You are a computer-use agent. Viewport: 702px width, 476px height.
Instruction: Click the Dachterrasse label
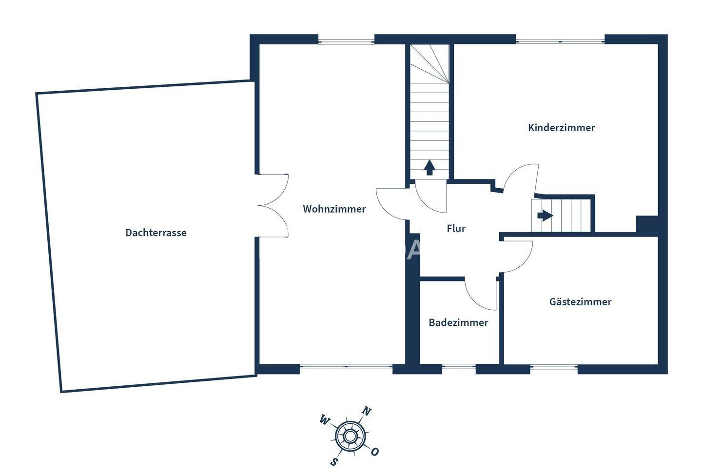click(156, 233)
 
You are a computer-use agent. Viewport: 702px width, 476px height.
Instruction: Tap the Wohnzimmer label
click(334, 209)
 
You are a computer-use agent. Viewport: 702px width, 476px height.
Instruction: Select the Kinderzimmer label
click(561, 128)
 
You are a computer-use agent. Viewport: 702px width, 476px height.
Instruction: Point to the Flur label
click(456, 228)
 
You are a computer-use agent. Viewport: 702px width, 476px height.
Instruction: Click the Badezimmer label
click(458, 322)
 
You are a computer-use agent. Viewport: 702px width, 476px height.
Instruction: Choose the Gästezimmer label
click(580, 302)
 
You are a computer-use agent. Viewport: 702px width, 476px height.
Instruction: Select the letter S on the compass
click(334, 461)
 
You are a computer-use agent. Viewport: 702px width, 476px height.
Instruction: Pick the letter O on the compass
click(374, 452)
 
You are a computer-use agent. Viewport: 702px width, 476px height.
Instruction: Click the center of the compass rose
click(350, 436)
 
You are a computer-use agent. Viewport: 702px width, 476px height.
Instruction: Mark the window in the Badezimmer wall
click(459, 367)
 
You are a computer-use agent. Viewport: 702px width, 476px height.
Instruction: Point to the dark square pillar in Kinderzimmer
click(647, 224)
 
